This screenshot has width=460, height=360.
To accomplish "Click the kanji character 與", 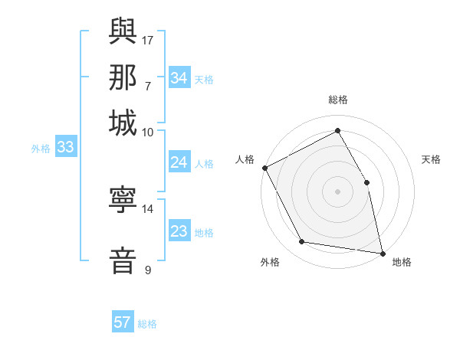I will (x=123, y=31).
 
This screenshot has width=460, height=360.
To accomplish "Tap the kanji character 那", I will (x=123, y=77).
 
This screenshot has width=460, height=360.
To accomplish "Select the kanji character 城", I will (x=123, y=123).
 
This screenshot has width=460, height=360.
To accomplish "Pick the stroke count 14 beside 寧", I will (x=148, y=208).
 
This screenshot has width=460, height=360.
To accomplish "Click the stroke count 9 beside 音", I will (x=148, y=270).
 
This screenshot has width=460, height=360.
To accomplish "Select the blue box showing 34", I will (x=179, y=78).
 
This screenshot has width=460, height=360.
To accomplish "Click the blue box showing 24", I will (x=179, y=162).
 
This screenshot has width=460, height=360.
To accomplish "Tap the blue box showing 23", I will (x=179, y=231).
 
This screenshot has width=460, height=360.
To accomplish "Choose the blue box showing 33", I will (x=65, y=147).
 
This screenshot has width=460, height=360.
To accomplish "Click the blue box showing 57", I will (x=123, y=322).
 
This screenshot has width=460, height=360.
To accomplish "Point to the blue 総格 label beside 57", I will (x=147, y=324).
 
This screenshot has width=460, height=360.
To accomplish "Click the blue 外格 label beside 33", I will (x=41, y=149).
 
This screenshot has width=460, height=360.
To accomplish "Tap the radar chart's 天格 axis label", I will (x=432, y=159).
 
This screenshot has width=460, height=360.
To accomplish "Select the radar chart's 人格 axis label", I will (x=245, y=159).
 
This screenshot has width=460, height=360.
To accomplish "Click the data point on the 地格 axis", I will (x=383, y=253).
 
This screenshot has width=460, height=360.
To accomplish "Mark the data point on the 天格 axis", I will (x=366, y=182).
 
